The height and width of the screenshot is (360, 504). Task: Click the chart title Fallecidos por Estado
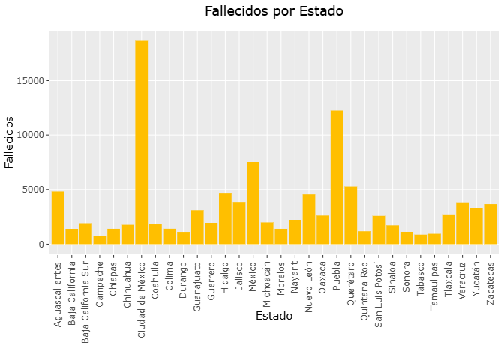click(x=274, y=11)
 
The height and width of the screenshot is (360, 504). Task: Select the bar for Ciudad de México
click(x=142, y=142)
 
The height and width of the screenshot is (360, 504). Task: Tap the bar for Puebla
click(x=337, y=177)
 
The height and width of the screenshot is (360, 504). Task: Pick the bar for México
click(x=253, y=203)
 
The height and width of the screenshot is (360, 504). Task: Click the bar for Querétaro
click(x=351, y=215)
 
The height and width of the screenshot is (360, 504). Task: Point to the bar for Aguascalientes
click(x=58, y=217)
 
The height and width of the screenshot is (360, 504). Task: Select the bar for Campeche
click(x=100, y=240)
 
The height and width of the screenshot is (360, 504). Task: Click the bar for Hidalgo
click(x=226, y=219)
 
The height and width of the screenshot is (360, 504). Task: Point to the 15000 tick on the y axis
click(x=34, y=81)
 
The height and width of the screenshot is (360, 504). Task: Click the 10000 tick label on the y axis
click(x=34, y=135)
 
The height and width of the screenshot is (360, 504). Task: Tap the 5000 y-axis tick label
click(x=37, y=190)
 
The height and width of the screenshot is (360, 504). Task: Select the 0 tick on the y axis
click(x=44, y=244)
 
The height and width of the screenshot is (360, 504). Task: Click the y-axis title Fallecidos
click(x=10, y=142)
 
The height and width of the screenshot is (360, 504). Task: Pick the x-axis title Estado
click(x=274, y=316)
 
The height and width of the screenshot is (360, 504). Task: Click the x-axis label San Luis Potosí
click(x=379, y=288)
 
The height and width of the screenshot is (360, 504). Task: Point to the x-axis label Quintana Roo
click(x=365, y=286)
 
